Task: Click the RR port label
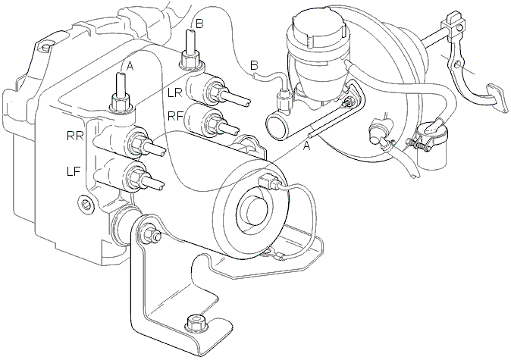pyautogui.click(x=74, y=136)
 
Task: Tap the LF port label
pyautogui.click(x=74, y=171)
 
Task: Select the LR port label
pyautogui.click(x=174, y=93)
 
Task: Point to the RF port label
pyautogui.click(x=175, y=116)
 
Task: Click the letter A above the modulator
pyautogui.click(x=130, y=67)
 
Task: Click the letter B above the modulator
pyautogui.click(x=199, y=23)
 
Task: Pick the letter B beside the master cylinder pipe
pyautogui.click(x=254, y=65)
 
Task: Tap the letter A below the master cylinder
pyautogui.click(x=306, y=147)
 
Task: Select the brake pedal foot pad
pyautogui.click(x=497, y=98)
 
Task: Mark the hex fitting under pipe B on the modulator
pyautogui.click(x=190, y=60)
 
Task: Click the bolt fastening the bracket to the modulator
pyautogui.click(x=149, y=234)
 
